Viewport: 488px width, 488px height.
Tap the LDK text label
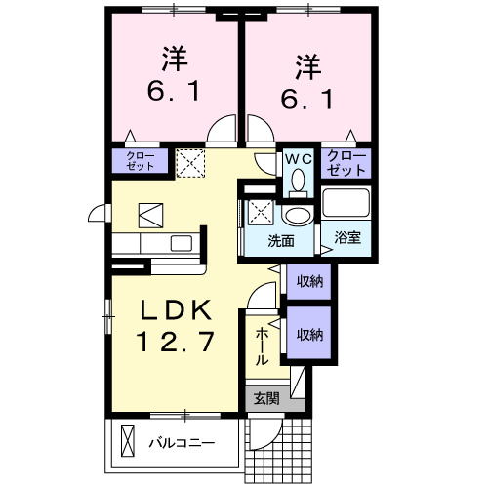176,309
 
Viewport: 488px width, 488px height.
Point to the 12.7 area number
176,343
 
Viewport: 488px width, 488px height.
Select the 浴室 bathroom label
346,237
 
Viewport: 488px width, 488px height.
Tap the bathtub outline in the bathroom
346,204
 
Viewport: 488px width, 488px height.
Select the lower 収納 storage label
309,335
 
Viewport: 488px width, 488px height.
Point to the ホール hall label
262,347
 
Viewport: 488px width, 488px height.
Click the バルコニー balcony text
181,442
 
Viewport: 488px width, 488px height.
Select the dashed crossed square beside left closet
189,161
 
